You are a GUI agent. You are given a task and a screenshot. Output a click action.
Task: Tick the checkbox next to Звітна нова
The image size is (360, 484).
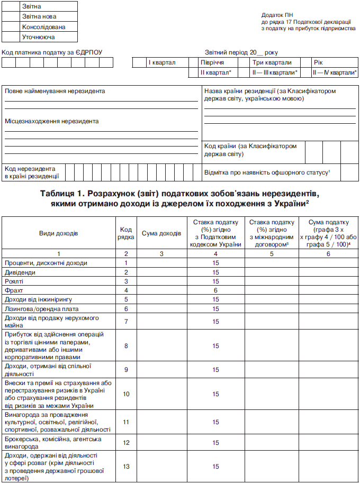tap(11, 16)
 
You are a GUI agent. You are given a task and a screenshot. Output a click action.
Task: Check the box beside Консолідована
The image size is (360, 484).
tap(11, 27)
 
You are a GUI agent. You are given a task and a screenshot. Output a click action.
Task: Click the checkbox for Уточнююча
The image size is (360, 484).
tap(11, 37)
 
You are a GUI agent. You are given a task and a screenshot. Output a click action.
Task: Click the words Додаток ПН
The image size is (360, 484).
tap(277, 16)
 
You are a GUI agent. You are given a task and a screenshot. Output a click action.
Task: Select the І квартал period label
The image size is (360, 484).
tap(161, 62)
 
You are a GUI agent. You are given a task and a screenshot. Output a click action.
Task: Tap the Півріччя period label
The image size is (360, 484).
tap(212, 62)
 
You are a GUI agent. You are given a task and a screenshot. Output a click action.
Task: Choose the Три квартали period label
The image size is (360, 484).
tap(273, 62)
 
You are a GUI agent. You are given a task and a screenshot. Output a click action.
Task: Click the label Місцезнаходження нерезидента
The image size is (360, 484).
tap(52, 121)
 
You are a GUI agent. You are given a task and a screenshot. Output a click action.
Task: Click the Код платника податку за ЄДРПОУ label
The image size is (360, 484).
tap(52, 52)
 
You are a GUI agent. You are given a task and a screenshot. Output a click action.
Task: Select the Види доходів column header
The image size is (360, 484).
tap(58, 233)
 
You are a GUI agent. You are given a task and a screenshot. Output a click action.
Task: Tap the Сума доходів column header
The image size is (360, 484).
tap(161, 233)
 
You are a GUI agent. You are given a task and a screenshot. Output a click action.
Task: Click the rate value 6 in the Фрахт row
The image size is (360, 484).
tap(216, 290)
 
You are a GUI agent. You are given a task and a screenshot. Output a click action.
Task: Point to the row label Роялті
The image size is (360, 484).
tap(15, 281)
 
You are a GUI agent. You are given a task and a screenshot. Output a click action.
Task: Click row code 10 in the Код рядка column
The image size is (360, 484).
tap(126, 394)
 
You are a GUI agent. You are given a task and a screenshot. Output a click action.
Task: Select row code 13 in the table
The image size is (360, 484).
tap(126, 467)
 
